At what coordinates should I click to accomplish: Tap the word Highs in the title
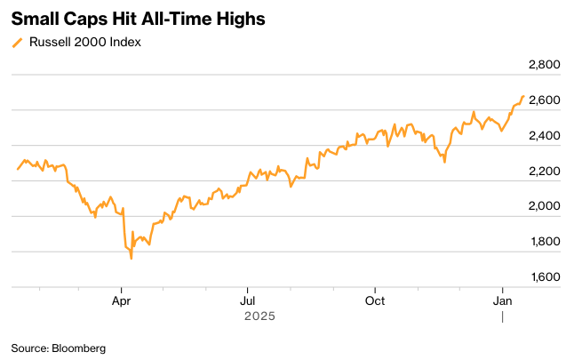(x=237, y=19)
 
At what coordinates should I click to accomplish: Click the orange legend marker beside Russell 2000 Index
(x=18, y=42)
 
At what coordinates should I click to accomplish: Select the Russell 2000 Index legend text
(x=84, y=42)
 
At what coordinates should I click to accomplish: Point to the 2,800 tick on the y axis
(x=542, y=66)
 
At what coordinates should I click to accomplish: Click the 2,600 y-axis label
(x=542, y=100)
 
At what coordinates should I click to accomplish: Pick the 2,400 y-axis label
(x=542, y=136)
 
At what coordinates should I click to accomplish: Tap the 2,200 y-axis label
(x=542, y=171)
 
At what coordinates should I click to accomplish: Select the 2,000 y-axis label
(x=542, y=206)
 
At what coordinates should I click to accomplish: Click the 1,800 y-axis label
(x=542, y=242)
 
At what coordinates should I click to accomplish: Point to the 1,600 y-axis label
(x=542, y=276)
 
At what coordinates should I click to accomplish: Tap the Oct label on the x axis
(x=376, y=301)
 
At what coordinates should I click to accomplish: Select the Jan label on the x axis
(x=503, y=301)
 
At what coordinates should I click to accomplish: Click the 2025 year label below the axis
(x=259, y=316)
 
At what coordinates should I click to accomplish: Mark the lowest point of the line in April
(x=132, y=258)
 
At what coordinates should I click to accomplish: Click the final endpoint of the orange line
(x=523, y=96)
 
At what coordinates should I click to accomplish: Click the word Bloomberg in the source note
(x=78, y=348)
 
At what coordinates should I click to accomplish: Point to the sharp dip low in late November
(x=443, y=163)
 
